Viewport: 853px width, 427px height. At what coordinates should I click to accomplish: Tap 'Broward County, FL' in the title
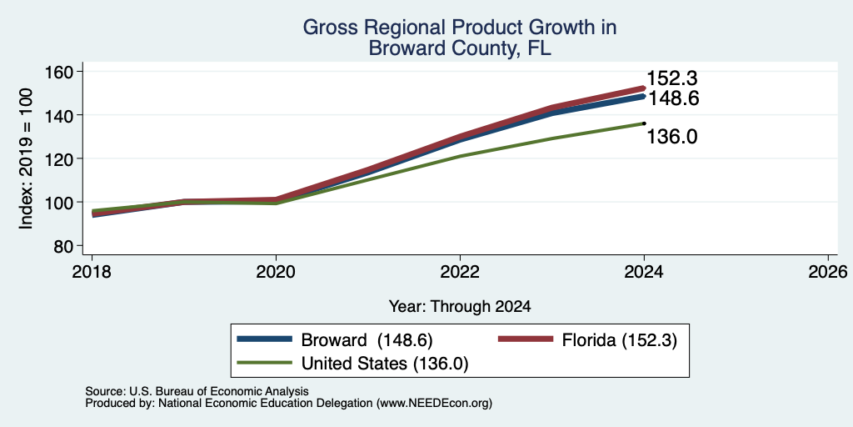coord(460,48)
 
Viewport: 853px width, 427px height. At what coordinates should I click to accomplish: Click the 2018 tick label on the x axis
coord(92,271)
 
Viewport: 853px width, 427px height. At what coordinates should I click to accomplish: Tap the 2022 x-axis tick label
coord(460,271)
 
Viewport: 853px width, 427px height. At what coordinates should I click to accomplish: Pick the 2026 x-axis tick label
coord(828,271)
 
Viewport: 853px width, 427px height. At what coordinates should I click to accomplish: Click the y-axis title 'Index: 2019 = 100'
coord(26,159)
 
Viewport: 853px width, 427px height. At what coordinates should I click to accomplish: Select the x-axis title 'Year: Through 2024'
coord(460,307)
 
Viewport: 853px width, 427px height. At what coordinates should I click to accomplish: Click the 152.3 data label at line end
coord(671,79)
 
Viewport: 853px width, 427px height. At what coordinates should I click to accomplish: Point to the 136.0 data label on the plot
coord(672,137)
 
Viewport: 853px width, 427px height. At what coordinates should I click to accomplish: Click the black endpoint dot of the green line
coord(644,123)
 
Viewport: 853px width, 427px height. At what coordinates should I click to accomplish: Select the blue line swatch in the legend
coord(264,339)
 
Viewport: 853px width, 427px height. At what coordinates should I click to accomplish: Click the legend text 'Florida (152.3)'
coord(620,340)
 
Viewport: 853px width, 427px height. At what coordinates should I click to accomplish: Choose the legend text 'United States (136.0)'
coord(385,364)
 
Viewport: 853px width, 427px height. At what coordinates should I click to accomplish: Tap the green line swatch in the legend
coord(264,362)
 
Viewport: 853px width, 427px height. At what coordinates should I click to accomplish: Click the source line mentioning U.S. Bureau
coord(197,391)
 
